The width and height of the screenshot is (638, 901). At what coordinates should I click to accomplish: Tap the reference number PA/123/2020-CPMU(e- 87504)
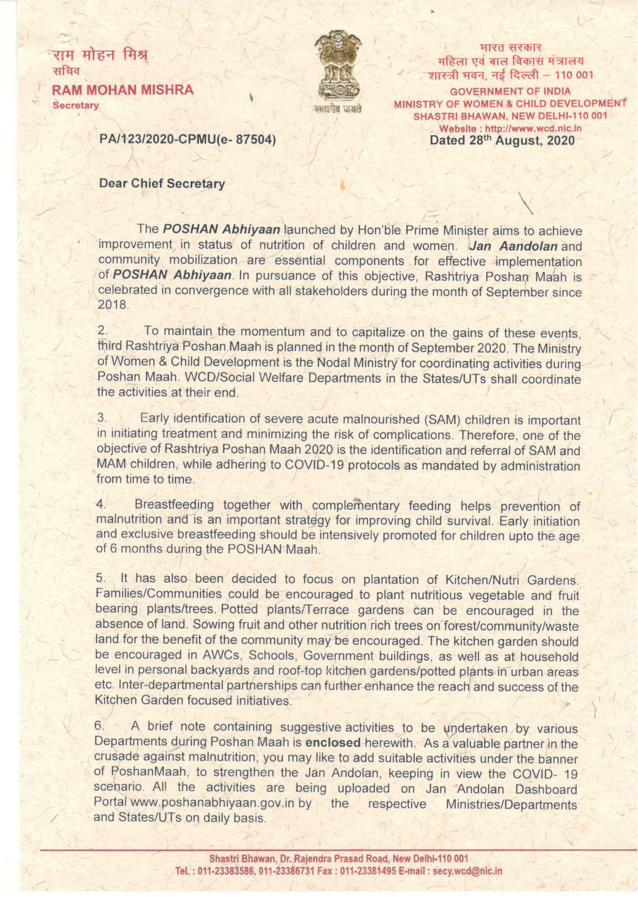pyautogui.click(x=187, y=139)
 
